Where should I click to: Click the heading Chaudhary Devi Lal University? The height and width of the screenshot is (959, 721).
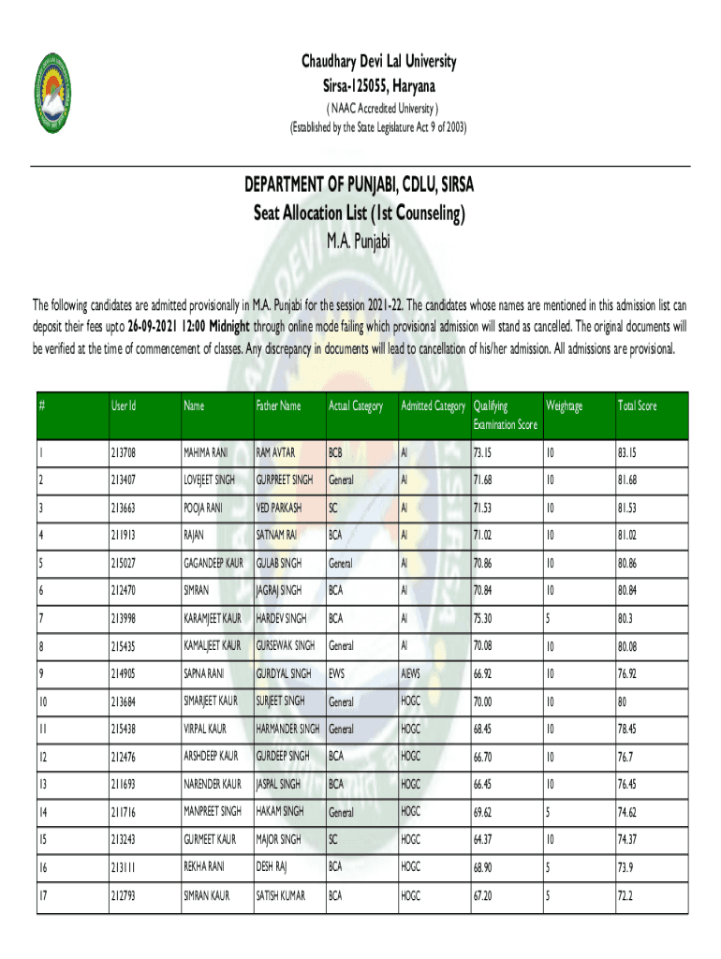378,63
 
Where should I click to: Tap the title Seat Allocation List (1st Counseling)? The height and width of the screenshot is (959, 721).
360,214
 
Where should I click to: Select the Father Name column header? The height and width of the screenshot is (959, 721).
279,406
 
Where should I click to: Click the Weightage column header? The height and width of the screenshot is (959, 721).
565,406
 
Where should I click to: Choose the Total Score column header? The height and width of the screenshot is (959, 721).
638,406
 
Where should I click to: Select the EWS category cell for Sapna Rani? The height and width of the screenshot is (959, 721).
337,672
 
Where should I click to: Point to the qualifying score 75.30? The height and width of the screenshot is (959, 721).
483,618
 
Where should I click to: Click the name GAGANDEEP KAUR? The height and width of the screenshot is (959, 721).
213,563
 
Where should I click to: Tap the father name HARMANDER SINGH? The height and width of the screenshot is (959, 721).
288,729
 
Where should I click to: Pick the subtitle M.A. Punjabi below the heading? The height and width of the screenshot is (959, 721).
359,243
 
